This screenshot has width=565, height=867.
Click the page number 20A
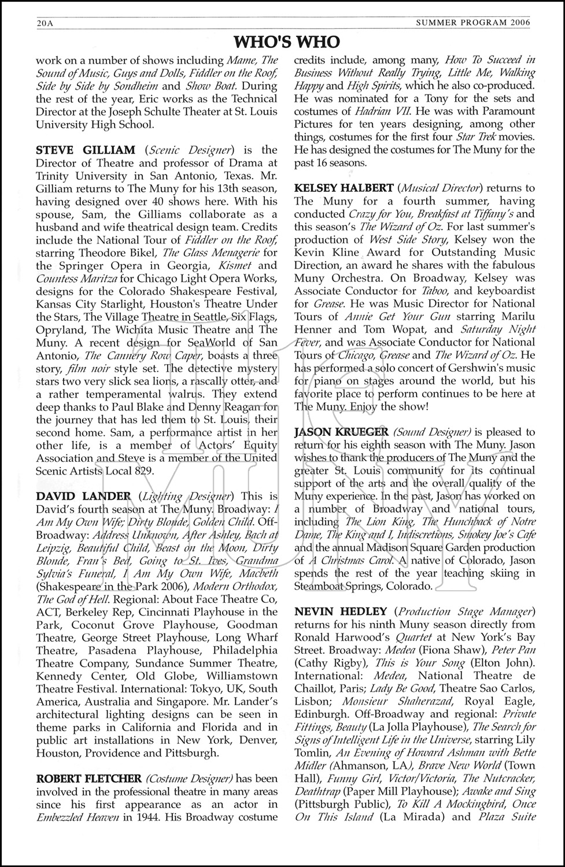coord(45,23)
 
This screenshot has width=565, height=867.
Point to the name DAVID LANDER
coord(83,496)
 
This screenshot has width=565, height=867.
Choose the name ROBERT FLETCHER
coord(88,779)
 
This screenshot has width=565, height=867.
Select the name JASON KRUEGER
coord(341,432)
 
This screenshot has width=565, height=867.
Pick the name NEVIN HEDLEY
coord(341,612)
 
